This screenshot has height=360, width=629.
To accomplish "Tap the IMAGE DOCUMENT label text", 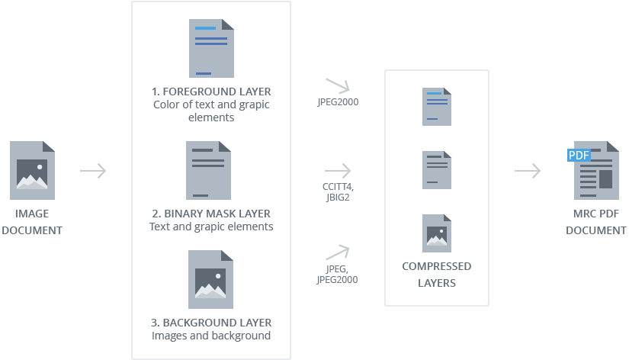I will [x=31, y=222].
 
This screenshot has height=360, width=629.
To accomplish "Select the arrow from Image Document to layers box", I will [x=93, y=171].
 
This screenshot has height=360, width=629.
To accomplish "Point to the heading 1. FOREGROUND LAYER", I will [x=211, y=92].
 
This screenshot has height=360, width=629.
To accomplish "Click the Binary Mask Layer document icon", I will [x=208, y=170].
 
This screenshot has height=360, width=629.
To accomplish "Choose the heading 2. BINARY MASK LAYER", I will [x=211, y=214].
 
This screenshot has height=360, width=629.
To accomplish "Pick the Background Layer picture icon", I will [x=211, y=279].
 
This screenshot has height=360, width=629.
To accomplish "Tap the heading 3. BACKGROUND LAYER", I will [x=211, y=323].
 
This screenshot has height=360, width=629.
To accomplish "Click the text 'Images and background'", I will [x=211, y=336].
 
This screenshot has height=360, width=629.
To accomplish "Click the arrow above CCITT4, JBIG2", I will [x=338, y=170].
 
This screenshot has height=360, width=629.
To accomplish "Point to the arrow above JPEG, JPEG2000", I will [x=337, y=252].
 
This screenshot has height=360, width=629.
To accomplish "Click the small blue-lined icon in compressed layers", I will [x=437, y=106].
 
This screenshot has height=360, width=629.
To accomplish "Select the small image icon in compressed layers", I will [x=437, y=233].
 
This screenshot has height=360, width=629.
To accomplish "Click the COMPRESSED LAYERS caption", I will [x=436, y=275].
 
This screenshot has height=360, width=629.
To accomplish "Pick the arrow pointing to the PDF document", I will [x=528, y=171].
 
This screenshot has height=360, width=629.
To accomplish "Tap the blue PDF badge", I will [x=579, y=156].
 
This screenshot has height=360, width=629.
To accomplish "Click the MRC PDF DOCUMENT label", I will [x=596, y=222].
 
